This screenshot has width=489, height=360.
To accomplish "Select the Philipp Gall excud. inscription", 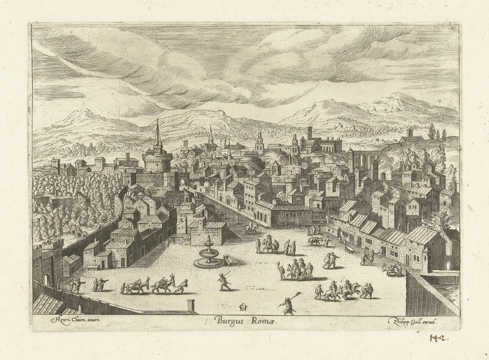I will (x=413, y=321).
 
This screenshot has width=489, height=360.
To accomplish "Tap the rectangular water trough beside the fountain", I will (x=230, y=260).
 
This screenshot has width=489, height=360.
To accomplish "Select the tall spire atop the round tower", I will (x=158, y=133).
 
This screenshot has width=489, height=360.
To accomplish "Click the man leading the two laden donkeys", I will (x=182, y=285).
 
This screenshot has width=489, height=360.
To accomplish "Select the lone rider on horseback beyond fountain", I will (x=251, y=227).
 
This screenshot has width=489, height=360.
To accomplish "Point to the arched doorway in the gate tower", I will (x=47, y=280).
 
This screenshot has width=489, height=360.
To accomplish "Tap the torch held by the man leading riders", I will (x=279, y=266).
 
